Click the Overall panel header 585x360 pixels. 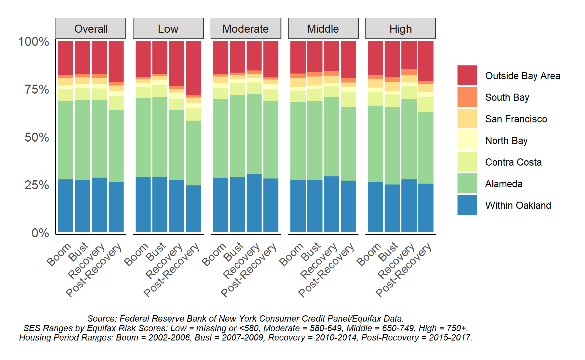[x=91, y=29]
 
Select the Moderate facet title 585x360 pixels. [x=245, y=29]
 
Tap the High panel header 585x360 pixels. [x=400, y=29]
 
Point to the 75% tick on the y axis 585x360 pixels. [x=37, y=89]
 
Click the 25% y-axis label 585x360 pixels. [x=37, y=185]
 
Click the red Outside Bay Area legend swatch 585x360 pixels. [x=467, y=75]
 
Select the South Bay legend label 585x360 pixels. [x=507, y=97]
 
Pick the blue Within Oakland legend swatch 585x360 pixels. [x=467, y=205]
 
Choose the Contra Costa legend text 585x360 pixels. [x=513, y=162]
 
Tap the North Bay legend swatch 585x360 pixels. [x=467, y=140]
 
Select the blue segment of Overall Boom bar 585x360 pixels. [x=66, y=206]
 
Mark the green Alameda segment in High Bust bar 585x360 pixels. [x=392, y=145]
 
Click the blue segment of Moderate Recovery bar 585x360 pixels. [x=254, y=203]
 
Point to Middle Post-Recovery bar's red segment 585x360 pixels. [x=348, y=59]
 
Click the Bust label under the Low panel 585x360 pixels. [x=156, y=251]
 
